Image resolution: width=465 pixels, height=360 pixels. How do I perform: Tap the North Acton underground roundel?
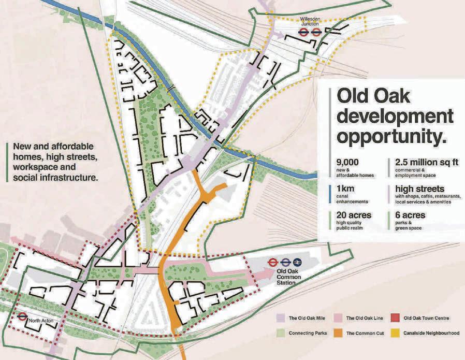[x=22, y=316]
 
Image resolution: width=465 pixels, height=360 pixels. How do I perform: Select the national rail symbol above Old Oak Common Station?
[x=297, y=262]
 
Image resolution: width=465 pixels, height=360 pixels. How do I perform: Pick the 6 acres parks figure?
[x=412, y=215]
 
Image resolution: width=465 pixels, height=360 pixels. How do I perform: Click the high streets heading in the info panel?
[x=419, y=189]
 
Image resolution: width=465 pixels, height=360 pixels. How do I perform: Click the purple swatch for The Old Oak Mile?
[x=279, y=318]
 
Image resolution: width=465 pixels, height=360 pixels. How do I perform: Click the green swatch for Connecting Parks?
[x=279, y=333]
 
